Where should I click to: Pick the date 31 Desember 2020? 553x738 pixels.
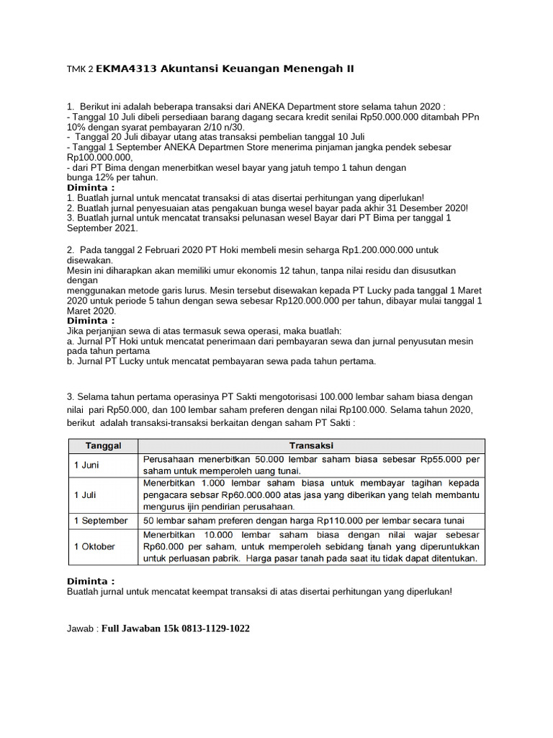[x=426, y=208]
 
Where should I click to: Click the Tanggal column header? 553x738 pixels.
[x=103, y=445]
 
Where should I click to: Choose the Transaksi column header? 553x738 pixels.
[x=311, y=445]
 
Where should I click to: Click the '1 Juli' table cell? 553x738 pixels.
[x=86, y=495]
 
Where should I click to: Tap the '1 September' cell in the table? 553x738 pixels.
[x=101, y=520]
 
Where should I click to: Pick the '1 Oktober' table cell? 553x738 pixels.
[x=94, y=546]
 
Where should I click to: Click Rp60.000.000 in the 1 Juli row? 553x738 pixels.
[x=225, y=495]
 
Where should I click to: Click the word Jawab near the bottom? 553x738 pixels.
[x=81, y=629]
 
